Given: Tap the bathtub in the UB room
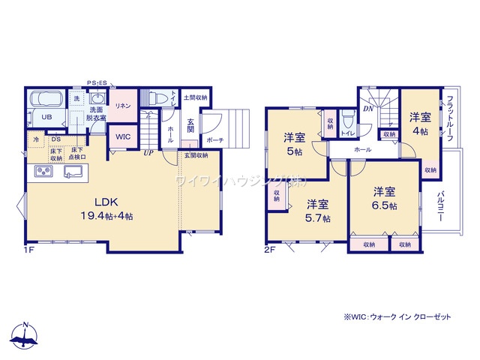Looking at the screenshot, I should tap(47, 100).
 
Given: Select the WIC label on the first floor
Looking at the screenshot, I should tap(122, 137).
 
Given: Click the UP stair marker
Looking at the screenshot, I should tap(149, 153).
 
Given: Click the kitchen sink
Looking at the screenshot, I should tap(73, 172).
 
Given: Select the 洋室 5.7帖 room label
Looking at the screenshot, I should tap(317, 210).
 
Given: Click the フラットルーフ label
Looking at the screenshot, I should tap(448, 118).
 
